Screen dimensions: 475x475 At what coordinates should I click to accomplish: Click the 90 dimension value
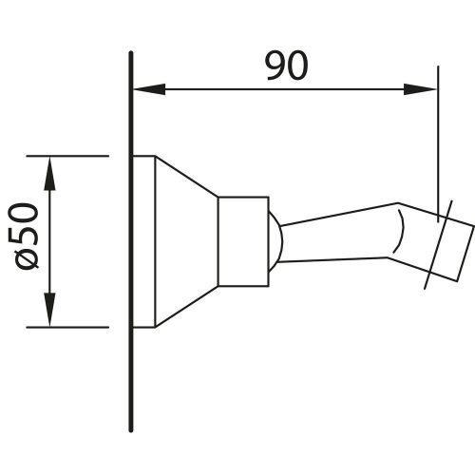tap(286, 66)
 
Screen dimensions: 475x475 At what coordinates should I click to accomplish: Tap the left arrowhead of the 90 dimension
tap(149, 89)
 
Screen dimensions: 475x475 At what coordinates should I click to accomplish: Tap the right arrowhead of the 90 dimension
tap(420, 89)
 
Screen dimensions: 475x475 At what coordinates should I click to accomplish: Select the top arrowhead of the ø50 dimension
tap(49, 173)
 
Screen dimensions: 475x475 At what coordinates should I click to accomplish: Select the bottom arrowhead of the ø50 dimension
tap(49, 310)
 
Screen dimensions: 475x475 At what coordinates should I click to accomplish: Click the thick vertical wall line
tap(131, 241)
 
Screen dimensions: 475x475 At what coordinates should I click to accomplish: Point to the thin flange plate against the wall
tap(144, 241)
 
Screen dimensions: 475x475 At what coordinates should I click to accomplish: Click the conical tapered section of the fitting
tap(186, 241)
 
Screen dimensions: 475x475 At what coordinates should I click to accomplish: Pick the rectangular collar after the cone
tap(243, 241)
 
